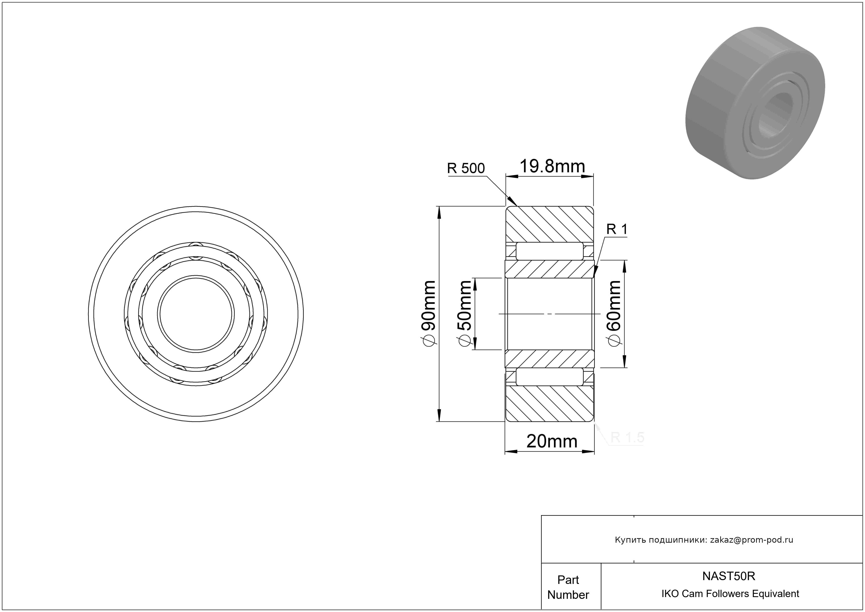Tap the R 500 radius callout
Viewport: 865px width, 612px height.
click(x=466, y=168)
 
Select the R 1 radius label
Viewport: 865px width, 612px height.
click(x=617, y=229)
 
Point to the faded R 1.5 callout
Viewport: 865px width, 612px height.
click(x=627, y=437)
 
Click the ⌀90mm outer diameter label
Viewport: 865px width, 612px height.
click(x=429, y=313)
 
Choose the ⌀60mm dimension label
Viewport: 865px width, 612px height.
click(x=613, y=313)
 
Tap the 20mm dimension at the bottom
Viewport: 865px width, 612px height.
click(x=552, y=441)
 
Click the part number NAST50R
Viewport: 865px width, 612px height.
click(x=729, y=576)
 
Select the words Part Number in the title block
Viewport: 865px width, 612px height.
click(x=568, y=587)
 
